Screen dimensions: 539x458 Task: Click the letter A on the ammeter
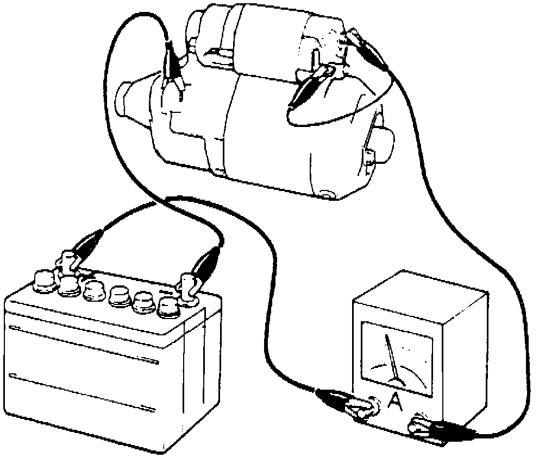tap(396, 403)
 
